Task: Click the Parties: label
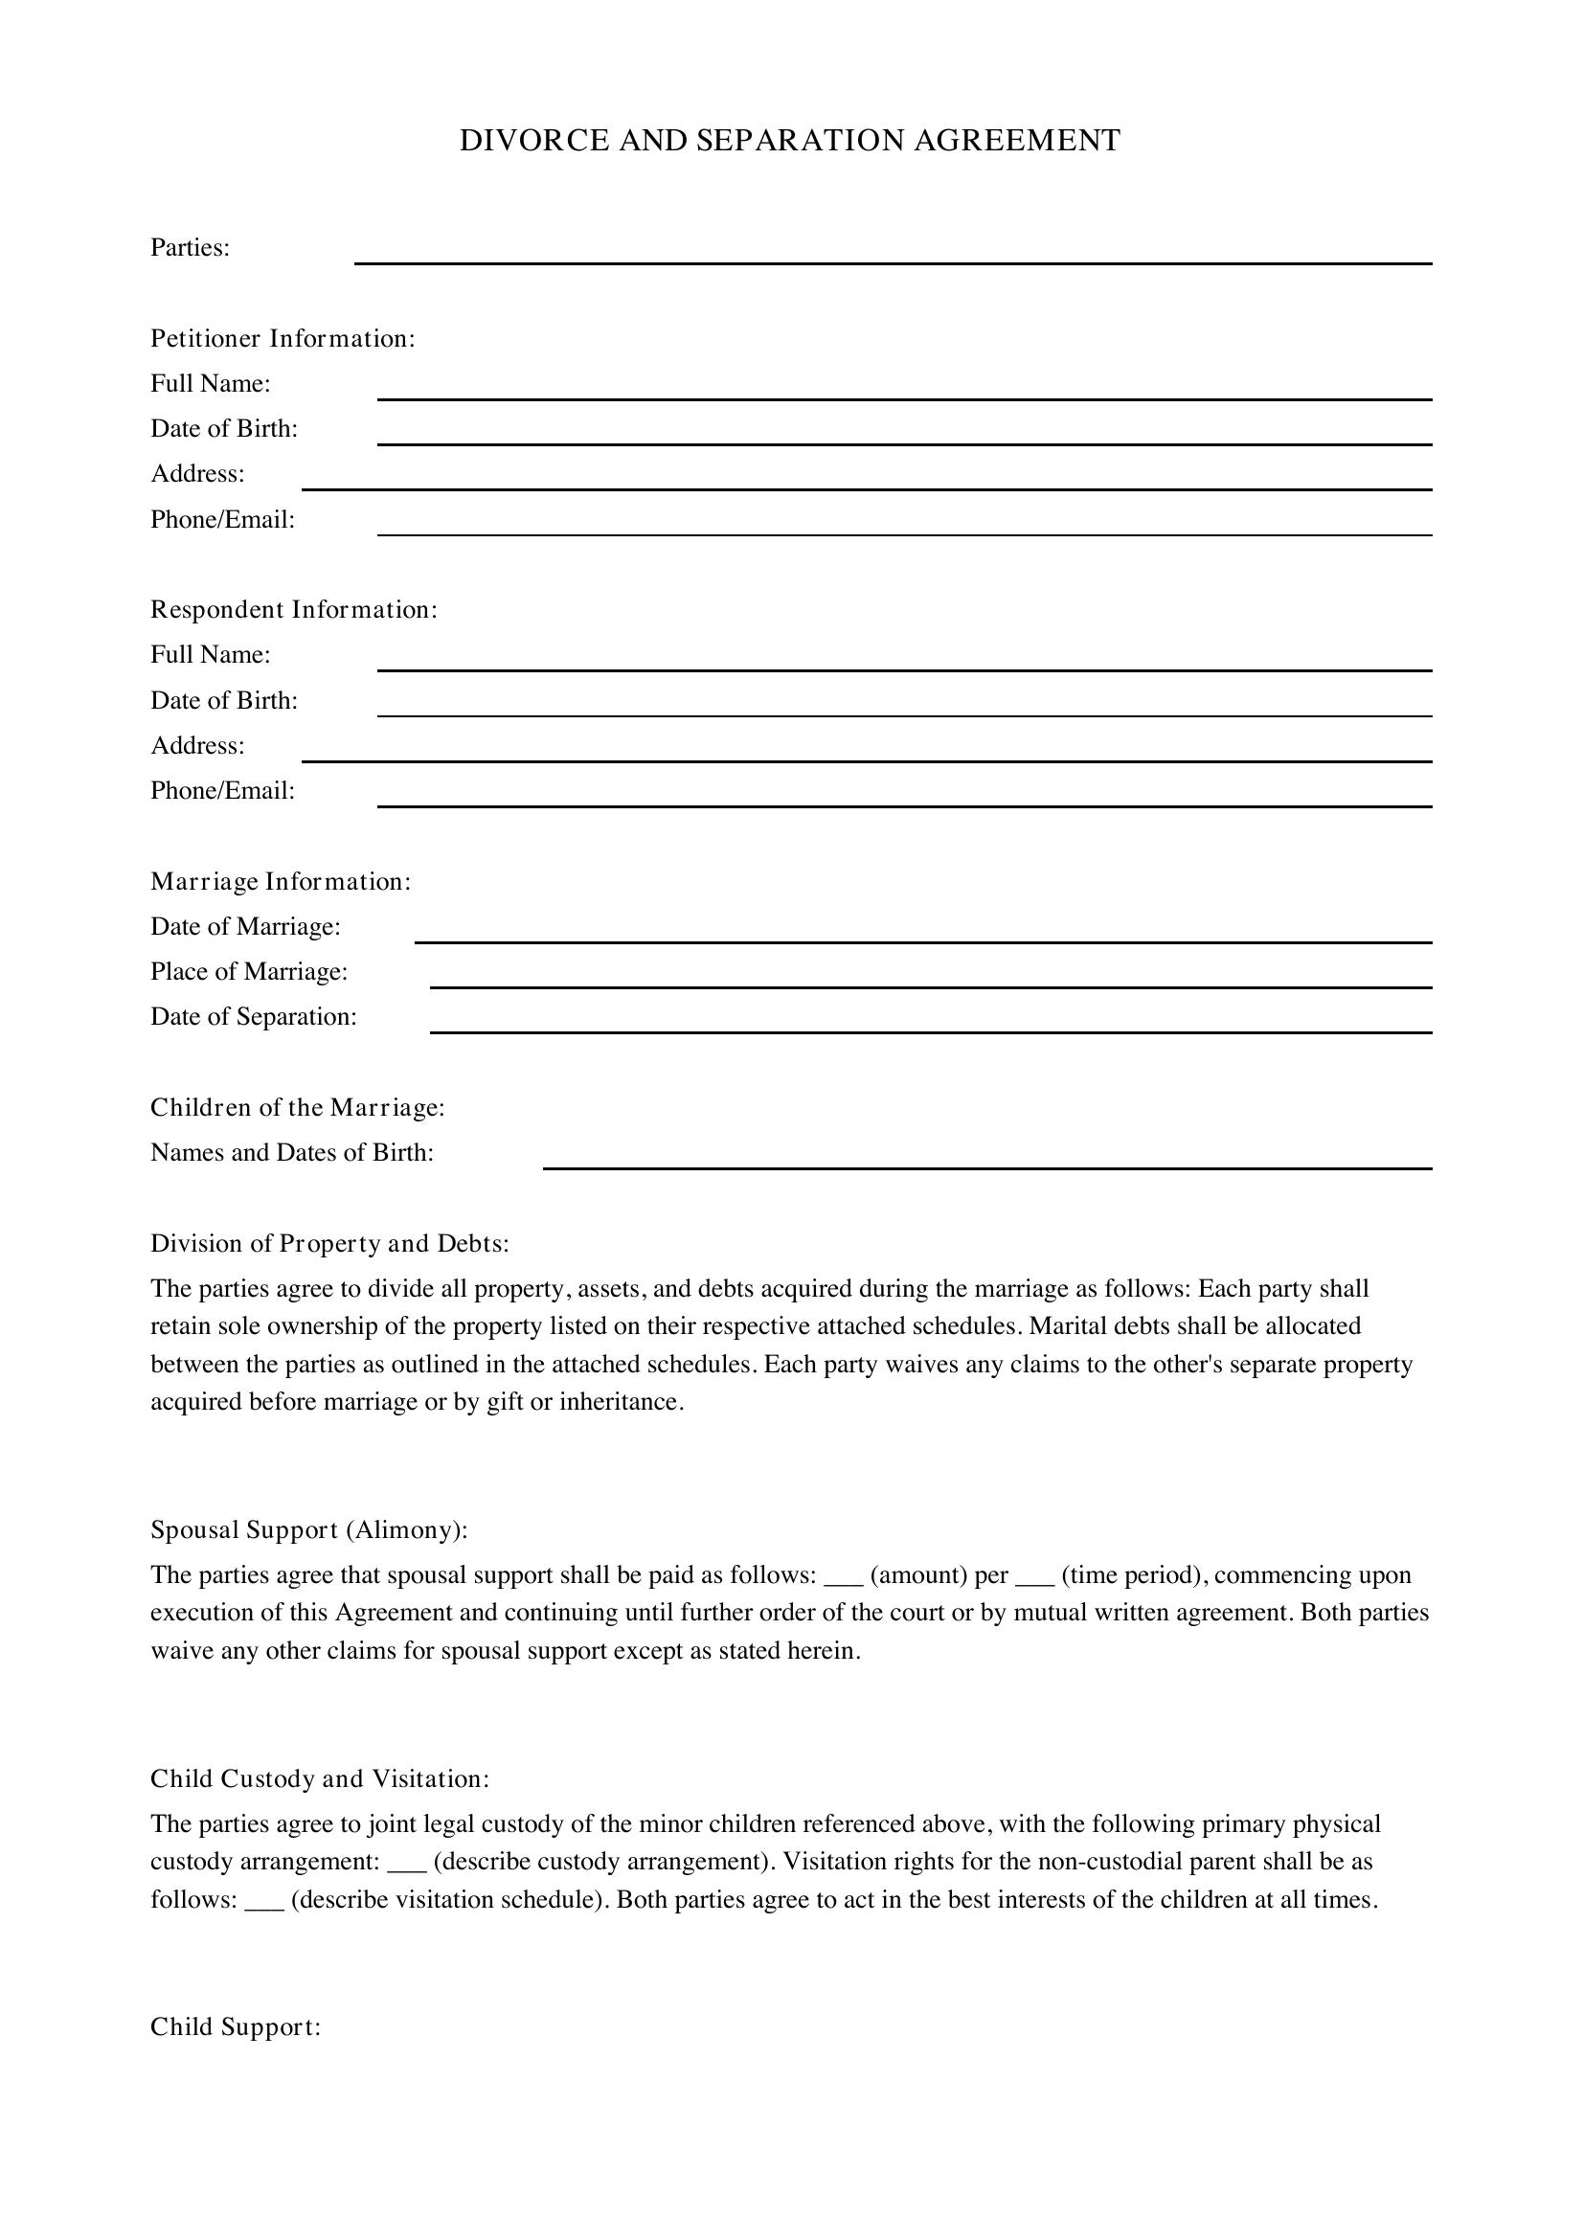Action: pos(191,248)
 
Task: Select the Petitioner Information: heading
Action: pos(283,338)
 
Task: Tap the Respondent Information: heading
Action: pos(294,610)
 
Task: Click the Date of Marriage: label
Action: pos(246,927)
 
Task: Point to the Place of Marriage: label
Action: pos(249,972)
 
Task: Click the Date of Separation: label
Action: pos(254,1017)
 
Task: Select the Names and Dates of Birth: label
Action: pos(292,1153)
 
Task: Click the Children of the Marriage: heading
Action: pos(298,1108)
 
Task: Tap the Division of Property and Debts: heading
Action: pos(329,1244)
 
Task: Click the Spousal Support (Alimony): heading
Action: pos(309,1529)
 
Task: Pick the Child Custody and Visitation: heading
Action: pos(320,1778)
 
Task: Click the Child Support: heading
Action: pos(235,2027)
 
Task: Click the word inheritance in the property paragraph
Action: pos(619,1402)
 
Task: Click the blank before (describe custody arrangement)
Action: pos(407,1863)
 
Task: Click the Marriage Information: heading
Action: pos(281,882)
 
